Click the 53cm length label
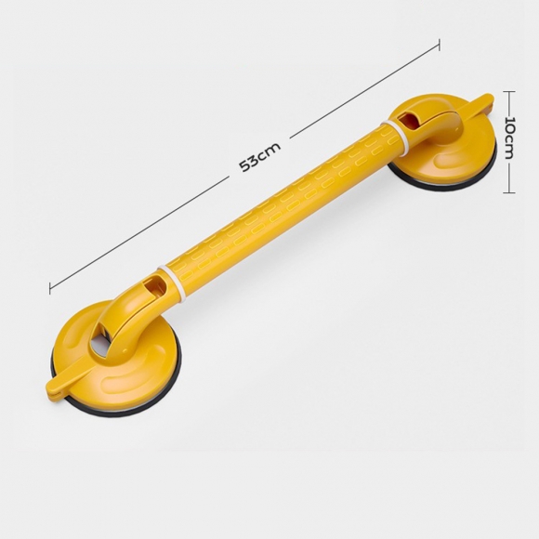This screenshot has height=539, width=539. (x=260, y=156)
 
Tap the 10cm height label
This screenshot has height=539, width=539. (x=510, y=138)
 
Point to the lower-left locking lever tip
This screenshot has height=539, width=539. (x=49, y=388)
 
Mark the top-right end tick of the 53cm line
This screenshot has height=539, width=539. (x=439, y=45)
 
